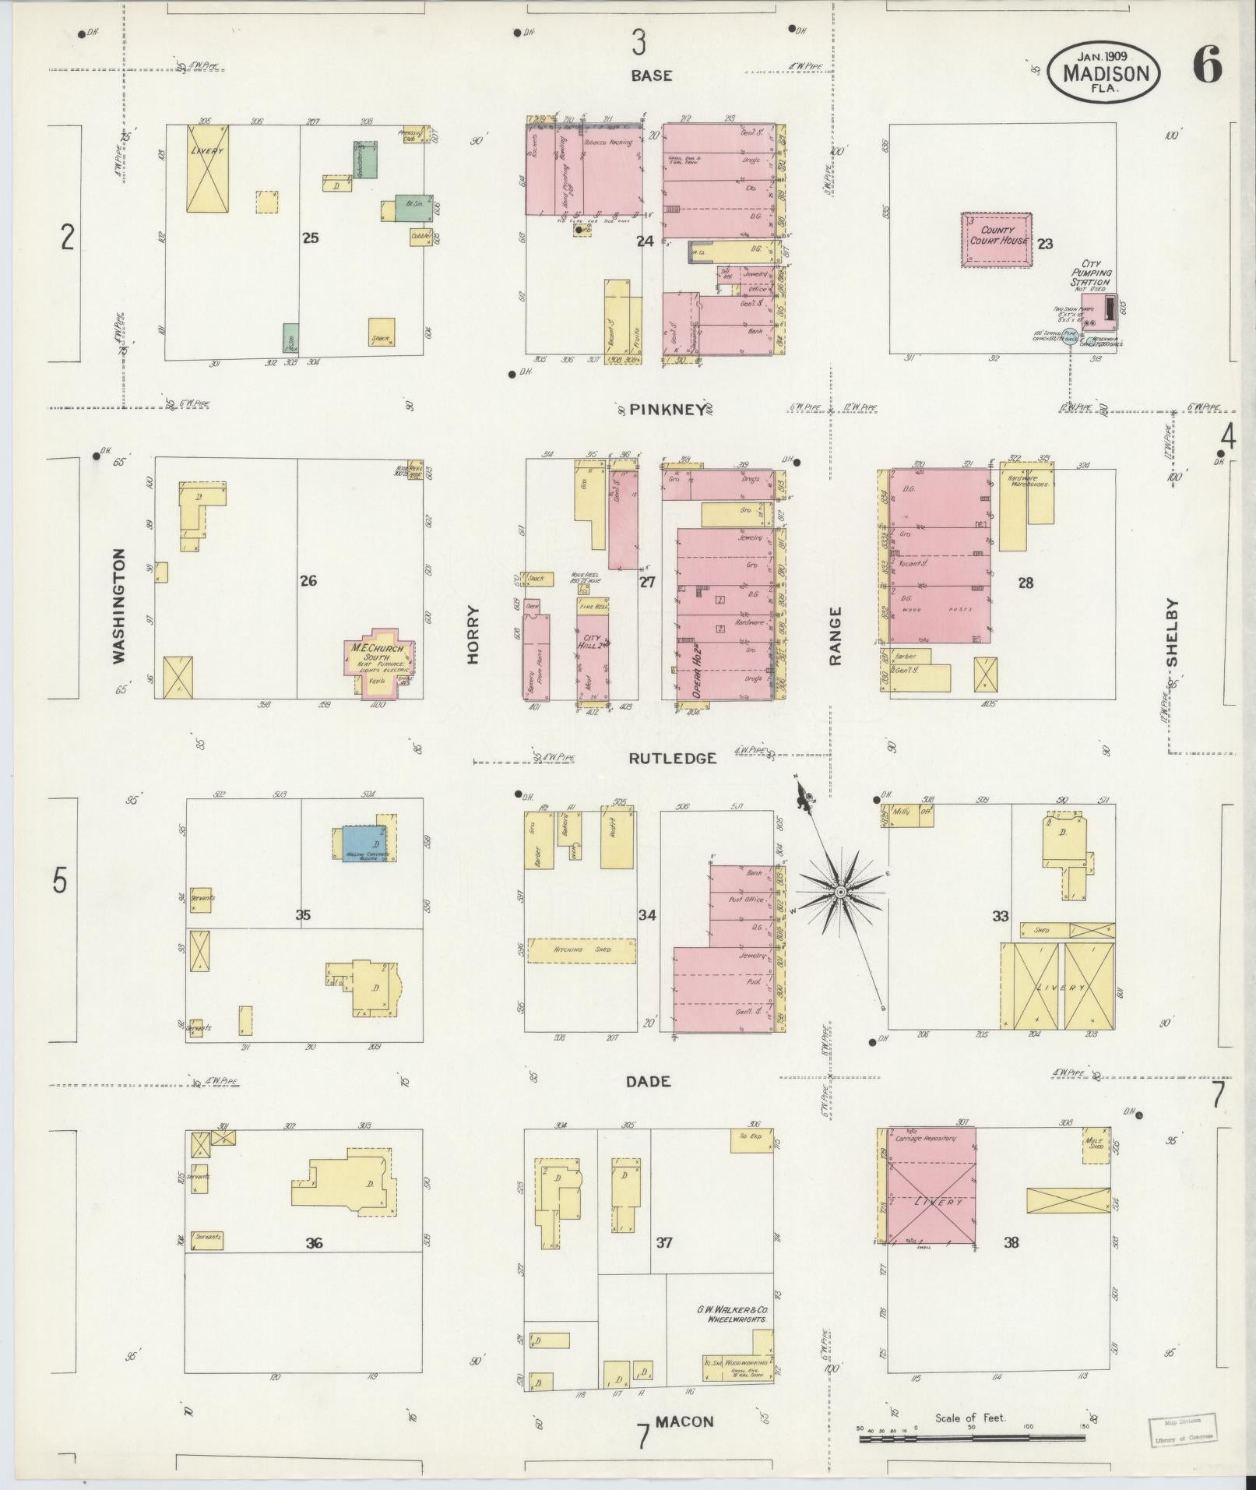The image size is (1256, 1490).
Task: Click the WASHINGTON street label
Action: tap(118, 606)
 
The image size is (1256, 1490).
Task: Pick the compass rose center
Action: tap(841, 890)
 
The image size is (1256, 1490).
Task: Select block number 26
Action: tap(308, 580)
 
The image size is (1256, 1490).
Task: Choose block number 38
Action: tap(1011, 1242)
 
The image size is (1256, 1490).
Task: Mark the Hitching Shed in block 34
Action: tap(582, 949)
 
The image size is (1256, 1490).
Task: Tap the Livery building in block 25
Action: tap(207, 167)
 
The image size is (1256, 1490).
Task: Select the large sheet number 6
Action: tap(1205, 65)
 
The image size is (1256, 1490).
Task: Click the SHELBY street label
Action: tap(1173, 632)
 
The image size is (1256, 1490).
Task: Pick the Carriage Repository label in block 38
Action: tap(925, 1138)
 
